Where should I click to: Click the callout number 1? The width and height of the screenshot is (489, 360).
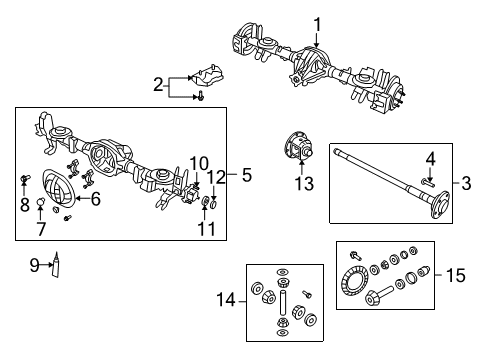(317, 24)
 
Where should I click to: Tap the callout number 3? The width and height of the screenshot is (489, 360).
(466, 183)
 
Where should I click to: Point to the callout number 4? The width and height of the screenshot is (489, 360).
(429, 157)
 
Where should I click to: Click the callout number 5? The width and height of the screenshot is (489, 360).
(246, 173)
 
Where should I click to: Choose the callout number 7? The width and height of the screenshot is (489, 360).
(41, 229)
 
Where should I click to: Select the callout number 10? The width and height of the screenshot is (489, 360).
(199, 162)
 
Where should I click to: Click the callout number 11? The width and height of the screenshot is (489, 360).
(205, 229)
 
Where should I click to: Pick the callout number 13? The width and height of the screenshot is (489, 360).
(303, 182)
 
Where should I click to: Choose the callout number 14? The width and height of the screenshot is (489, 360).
(227, 299)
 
